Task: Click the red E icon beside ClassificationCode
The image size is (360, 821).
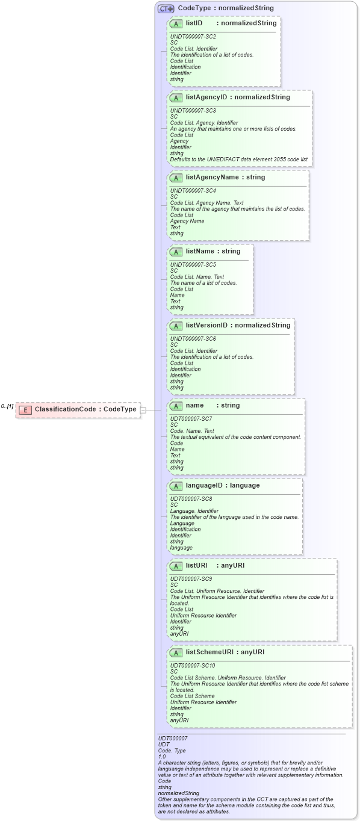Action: click(x=25, y=410)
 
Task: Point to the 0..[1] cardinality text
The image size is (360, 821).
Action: click(x=7, y=407)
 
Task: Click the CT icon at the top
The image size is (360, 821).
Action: click(x=166, y=8)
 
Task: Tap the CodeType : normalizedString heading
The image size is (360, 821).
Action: click(x=226, y=8)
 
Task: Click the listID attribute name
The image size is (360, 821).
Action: click(x=194, y=23)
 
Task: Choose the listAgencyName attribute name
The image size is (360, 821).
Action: click(x=213, y=178)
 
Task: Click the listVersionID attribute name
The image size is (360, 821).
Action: click(x=206, y=326)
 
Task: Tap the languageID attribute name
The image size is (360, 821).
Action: click(x=205, y=486)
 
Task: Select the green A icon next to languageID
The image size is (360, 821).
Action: click(x=176, y=486)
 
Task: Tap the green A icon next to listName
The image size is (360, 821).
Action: click(x=176, y=252)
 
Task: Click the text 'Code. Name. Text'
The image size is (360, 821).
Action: click(x=192, y=431)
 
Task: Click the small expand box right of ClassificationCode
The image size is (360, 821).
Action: click(x=143, y=410)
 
